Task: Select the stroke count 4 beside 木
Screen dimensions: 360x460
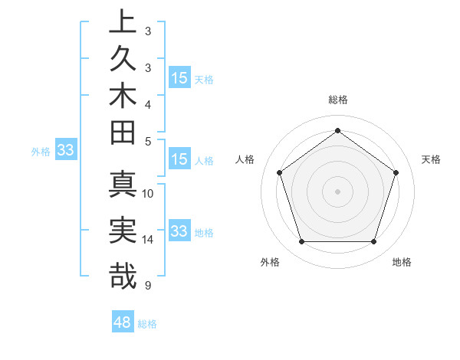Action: pyautogui.click(x=148, y=104)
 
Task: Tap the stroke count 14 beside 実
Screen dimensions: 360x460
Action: pyautogui.click(x=149, y=240)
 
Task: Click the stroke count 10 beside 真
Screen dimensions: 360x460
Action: pyautogui.click(x=149, y=194)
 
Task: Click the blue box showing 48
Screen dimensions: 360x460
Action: pyautogui.click(x=123, y=322)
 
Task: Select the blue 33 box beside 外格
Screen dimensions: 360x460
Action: pyautogui.click(x=65, y=151)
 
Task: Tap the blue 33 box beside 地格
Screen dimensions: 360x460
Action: pyautogui.click(x=179, y=231)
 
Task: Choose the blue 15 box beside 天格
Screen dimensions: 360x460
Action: pyautogui.click(x=179, y=78)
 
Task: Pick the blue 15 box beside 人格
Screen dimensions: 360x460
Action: pyautogui.click(x=179, y=160)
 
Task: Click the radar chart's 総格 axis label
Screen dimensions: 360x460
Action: pyautogui.click(x=337, y=100)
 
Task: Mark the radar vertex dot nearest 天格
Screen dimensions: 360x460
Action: pyautogui.click(x=396, y=172)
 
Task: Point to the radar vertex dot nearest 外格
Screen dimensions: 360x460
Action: pyautogui.click(x=301, y=242)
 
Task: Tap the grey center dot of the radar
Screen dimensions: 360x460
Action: pyautogui.click(x=337, y=191)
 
